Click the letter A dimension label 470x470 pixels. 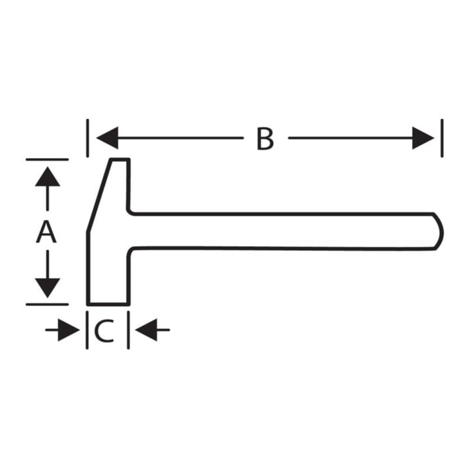pyautogui.click(x=46, y=232)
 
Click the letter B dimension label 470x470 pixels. pyautogui.click(x=265, y=139)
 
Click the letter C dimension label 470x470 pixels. pyautogui.click(x=104, y=330)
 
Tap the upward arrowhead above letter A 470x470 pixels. pyautogui.click(x=48, y=176)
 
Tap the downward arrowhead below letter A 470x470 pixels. pyautogui.click(x=48, y=288)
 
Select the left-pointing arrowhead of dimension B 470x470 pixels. pyautogui.click(x=107, y=138)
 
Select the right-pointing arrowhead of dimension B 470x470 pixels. pyautogui.click(x=423, y=138)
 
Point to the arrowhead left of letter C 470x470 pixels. pyautogui.click(x=69, y=330)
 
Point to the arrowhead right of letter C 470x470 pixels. pyautogui.click(x=146, y=330)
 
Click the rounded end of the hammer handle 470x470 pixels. pyautogui.click(x=441, y=231)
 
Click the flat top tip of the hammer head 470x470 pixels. pyautogui.click(x=120, y=159)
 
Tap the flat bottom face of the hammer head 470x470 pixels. pyautogui.click(x=108, y=304)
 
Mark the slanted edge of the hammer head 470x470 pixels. pyautogui.click(x=99, y=195)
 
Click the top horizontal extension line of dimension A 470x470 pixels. pyautogui.click(x=47, y=159)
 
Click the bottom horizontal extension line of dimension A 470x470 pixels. pyautogui.click(x=47, y=304)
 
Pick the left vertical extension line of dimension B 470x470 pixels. pyautogui.click(x=87, y=138)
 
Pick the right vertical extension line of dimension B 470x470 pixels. pyautogui.click(x=442, y=138)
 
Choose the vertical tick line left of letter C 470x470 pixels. pyautogui.click(x=87, y=330)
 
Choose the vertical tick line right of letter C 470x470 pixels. pyautogui.click(x=129, y=330)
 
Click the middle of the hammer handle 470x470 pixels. pyautogui.click(x=282, y=231)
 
